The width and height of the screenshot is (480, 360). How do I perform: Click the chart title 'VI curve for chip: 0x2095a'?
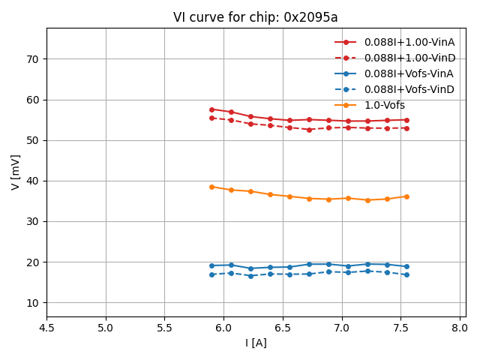(256, 17)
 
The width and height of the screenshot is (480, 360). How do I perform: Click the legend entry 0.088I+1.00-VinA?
(409, 42)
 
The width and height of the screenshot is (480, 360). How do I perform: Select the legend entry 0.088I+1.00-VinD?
(409, 58)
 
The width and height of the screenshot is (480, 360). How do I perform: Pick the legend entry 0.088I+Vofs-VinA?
(409, 73)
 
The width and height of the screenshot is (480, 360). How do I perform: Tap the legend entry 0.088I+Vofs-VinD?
(409, 89)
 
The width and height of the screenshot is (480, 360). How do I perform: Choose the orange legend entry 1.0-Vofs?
(385, 105)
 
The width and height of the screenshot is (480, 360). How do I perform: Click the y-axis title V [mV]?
(16, 172)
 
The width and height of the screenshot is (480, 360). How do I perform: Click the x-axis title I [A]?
(256, 343)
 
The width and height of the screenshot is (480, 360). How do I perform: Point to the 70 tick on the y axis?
(33, 59)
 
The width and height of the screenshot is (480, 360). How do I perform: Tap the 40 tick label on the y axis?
(33, 181)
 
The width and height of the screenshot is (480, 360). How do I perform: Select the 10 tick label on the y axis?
(33, 303)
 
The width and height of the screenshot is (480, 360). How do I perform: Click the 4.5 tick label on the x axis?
(46, 328)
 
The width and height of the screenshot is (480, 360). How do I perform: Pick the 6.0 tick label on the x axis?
(223, 328)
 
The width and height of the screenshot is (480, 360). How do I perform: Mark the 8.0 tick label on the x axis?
(460, 328)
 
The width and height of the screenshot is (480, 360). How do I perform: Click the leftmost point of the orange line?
(211, 187)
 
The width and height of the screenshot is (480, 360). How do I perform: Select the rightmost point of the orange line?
(406, 196)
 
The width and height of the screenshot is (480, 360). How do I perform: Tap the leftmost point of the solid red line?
(211, 109)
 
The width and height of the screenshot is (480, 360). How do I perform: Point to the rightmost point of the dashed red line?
(406, 128)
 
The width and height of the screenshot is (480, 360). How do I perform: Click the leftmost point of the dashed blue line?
(211, 274)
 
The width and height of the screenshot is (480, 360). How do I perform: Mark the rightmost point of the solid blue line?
(406, 266)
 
